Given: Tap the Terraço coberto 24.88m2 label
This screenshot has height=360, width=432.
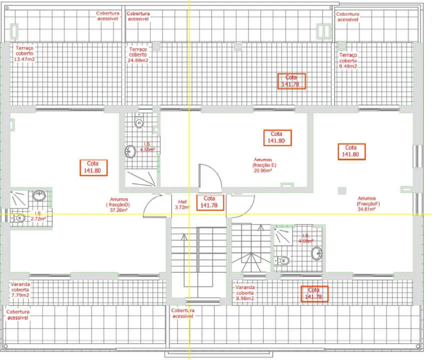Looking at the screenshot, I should [138, 55].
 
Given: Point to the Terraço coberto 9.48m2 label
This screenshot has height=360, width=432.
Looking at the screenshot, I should [348, 60].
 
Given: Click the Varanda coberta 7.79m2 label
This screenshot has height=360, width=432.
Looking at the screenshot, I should [20, 289].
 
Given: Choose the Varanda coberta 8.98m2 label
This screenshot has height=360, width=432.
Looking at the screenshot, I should [245, 293].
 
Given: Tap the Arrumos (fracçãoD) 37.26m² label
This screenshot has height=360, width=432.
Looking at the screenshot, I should [118, 204].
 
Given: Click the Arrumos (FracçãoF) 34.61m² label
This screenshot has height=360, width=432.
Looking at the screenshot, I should [366, 203].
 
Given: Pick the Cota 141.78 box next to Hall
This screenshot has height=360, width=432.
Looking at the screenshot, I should [210, 202].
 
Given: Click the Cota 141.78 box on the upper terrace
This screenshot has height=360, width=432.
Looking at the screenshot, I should [291, 81].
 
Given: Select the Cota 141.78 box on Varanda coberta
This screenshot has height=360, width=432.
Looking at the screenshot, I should [314, 293].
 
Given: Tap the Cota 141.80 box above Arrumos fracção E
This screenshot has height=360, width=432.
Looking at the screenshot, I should [276, 137].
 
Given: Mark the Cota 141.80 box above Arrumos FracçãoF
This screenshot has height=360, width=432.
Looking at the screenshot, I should [351, 151].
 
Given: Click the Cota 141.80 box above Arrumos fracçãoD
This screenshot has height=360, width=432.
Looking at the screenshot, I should [93, 167].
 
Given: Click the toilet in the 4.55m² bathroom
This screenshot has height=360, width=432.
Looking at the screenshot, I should [139, 122].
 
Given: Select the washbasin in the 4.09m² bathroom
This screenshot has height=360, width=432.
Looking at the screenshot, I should [316, 253].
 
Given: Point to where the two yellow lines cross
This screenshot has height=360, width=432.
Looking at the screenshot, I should [189, 214].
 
